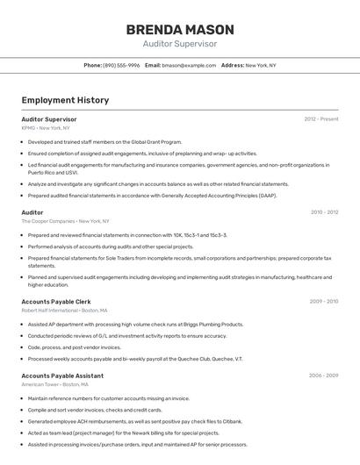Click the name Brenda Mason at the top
[x=179, y=27]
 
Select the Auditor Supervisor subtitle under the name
[x=179, y=43]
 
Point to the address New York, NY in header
[x=261, y=65]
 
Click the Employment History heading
[x=65, y=100]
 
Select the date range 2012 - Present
[x=320, y=118]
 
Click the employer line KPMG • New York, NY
[x=46, y=128]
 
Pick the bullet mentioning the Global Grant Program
[x=104, y=141]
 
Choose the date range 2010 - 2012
[x=324, y=212]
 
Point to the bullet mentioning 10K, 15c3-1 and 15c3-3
[x=127, y=235]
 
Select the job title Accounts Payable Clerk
[x=56, y=301]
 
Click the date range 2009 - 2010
[x=324, y=301]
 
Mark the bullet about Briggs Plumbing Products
[x=135, y=325]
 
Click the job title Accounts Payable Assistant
[x=62, y=376]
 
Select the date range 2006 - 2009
[x=324, y=376]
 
